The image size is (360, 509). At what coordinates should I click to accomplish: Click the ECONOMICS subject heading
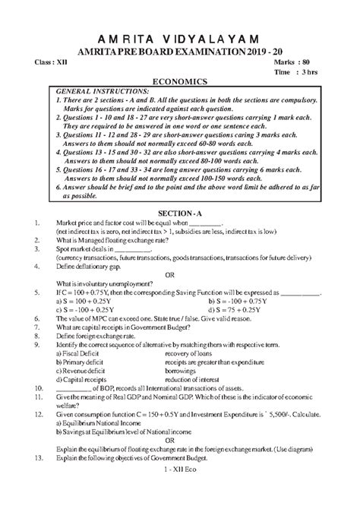click(180, 79)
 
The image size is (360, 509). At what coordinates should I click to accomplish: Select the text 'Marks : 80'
click(299, 59)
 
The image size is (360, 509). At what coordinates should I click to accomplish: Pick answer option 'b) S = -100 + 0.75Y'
click(223, 300)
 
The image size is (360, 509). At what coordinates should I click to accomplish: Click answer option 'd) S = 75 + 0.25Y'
click(219, 310)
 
